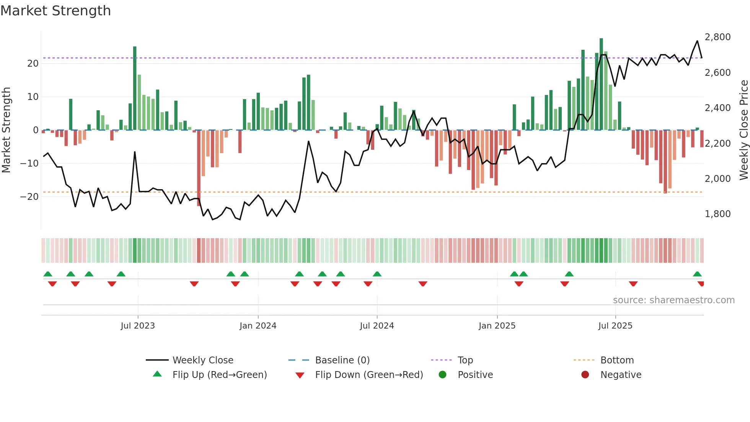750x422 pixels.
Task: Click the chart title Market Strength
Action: click(55, 11)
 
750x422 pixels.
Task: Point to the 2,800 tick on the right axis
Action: click(717, 37)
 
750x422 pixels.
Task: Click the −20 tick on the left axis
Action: click(29, 197)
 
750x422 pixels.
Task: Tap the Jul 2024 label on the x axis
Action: click(377, 326)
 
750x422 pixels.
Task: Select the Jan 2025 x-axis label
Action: click(497, 326)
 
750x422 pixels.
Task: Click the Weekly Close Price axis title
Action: click(743, 130)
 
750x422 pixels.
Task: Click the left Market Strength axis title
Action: click(7, 130)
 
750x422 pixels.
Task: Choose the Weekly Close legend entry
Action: click(202, 360)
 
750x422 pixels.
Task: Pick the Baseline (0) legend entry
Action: click(342, 360)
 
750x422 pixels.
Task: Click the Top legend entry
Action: click(465, 360)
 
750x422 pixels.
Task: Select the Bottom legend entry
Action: click(617, 360)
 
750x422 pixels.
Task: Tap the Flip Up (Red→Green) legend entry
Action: click(219, 375)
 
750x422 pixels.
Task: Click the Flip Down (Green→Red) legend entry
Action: click(369, 375)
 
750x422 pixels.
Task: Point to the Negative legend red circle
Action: click(585, 375)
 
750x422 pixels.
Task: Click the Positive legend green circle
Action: click(443, 375)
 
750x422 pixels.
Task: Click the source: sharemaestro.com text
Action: click(673, 300)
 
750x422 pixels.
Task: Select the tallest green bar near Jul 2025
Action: click(601, 84)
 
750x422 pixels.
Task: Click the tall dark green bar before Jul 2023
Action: click(135, 88)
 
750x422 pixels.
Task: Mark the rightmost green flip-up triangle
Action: click(697, 274)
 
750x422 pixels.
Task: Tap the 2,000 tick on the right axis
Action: click(717, 179)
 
